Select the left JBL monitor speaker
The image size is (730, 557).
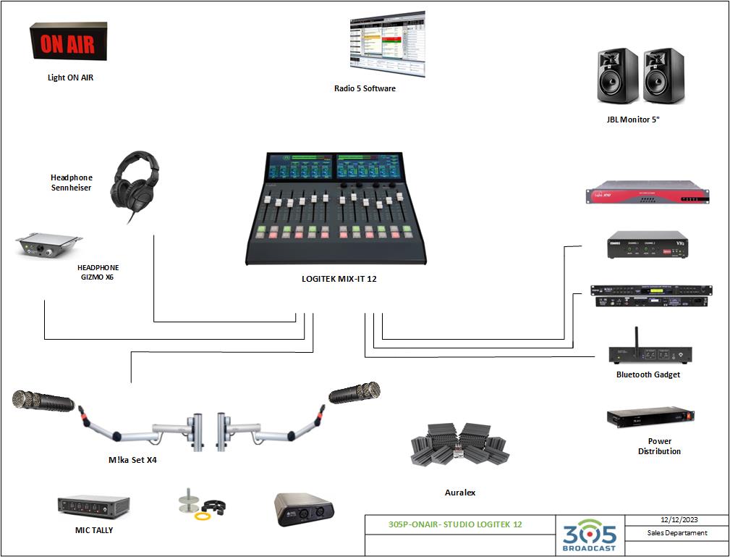point(617,75)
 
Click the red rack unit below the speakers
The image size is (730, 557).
point(648,195)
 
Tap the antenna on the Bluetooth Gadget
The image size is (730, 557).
point(636,337)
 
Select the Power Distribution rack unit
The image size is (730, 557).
point(650,418)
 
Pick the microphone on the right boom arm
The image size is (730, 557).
point(354,393)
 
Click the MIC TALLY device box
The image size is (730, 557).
point(93,506)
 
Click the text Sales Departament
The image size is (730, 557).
point(677,533)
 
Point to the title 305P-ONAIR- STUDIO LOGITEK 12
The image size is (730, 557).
point(455,524)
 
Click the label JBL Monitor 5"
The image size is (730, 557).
point(633,120)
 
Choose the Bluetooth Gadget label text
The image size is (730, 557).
point(648,374)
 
